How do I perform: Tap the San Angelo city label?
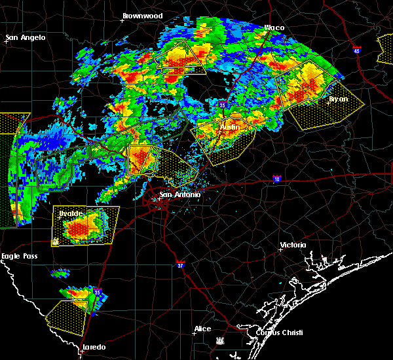pyautogui.click(x=26, y=37)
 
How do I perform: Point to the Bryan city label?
pyautogui.click(x=338, y=99)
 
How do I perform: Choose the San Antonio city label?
pyautogui.click(x=179, y=194)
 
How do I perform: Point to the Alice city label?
pyautogui.click(x=204, y=329)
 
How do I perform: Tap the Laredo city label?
pyautogui.click(x=94, y=347)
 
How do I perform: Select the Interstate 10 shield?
pyautogui.click(x=277, y=178)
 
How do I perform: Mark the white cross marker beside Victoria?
pyautogui.click(x=280, y=249)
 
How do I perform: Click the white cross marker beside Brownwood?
pyautogui.click(x=122, y=20)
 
